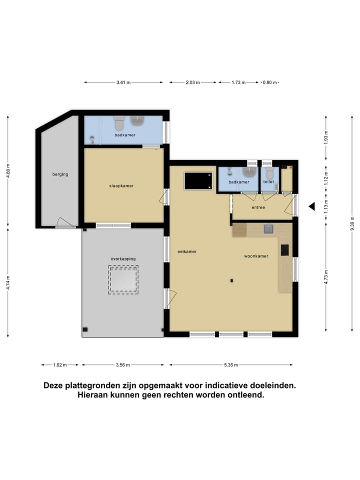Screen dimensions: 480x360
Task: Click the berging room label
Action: coord(60,174)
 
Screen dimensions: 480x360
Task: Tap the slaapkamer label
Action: coord(121,185)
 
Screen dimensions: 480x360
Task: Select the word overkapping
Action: coord(123,258)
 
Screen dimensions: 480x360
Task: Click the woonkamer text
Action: coord(256,256)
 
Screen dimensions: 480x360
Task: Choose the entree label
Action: coord(258,207)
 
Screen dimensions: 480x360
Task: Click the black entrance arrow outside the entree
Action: coord(311,206)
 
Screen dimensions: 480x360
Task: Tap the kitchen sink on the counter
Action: coord(268,229)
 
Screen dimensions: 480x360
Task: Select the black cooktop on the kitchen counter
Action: coord(285,249)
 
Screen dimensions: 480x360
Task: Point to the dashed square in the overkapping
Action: coord(123,279)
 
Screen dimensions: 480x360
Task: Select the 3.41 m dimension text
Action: coord(123,82)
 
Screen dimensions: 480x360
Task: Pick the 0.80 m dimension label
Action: coord(270,82)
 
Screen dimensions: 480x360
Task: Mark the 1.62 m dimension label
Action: coord(59,365)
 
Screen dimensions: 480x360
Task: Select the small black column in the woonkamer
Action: coord(231,280)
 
